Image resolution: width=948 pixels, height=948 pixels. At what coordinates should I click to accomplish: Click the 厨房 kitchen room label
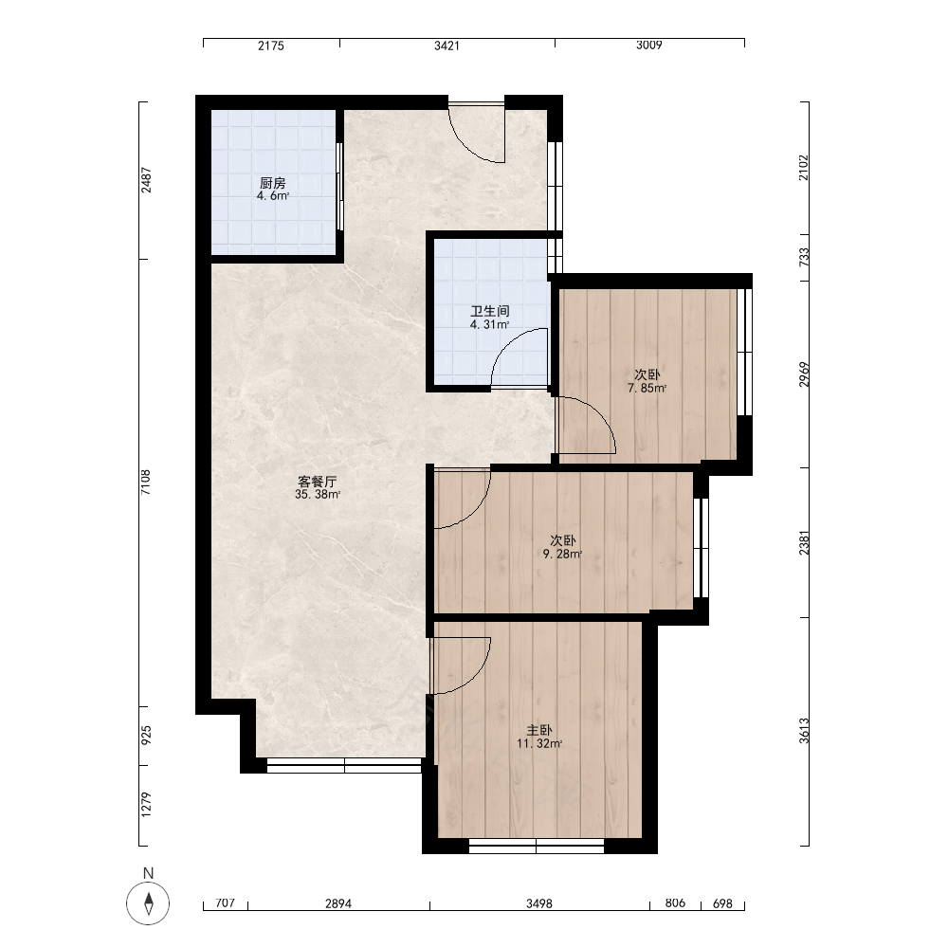(273, 183)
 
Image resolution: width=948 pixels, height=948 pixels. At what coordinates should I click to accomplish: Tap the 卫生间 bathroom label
(490, 311)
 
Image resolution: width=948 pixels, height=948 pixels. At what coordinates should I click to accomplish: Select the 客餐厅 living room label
(318, 482)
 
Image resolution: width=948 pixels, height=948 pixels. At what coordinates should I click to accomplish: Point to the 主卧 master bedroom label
(539, 730)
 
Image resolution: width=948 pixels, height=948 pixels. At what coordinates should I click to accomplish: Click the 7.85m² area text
(647, 388)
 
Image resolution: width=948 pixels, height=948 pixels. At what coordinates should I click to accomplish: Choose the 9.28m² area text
(562, 554)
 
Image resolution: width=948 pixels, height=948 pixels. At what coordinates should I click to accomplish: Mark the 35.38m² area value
(318, 495)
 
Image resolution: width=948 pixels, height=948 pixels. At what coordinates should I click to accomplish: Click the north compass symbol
(148, 903)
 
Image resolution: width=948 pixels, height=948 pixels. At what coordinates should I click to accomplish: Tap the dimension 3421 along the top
(447, 46)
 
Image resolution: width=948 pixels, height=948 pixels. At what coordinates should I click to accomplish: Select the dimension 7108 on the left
(146, 483)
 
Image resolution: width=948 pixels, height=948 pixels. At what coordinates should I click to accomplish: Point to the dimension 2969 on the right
(804, 374)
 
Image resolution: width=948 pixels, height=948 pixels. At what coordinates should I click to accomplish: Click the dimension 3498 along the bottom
(539, 903)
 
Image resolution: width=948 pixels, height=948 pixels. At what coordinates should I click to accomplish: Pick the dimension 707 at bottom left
(225, 902)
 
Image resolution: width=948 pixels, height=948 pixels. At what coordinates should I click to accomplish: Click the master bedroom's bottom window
(537, 846)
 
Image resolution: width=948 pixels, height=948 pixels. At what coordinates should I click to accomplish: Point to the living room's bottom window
(344, 765)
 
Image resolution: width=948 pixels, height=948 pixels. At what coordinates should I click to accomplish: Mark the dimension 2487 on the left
(146, 179)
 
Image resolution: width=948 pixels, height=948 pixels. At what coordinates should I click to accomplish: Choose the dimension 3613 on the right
(804, 731)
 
